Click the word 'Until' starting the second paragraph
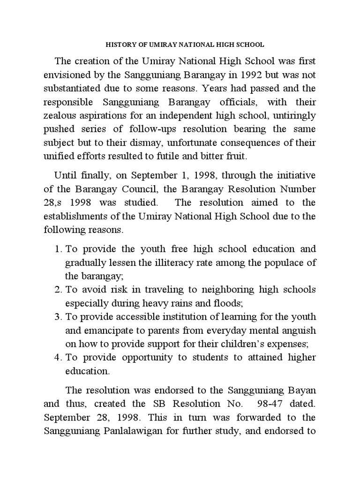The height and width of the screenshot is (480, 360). (x=65, y=176)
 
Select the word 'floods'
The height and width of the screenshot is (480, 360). (x=228, y=303)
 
